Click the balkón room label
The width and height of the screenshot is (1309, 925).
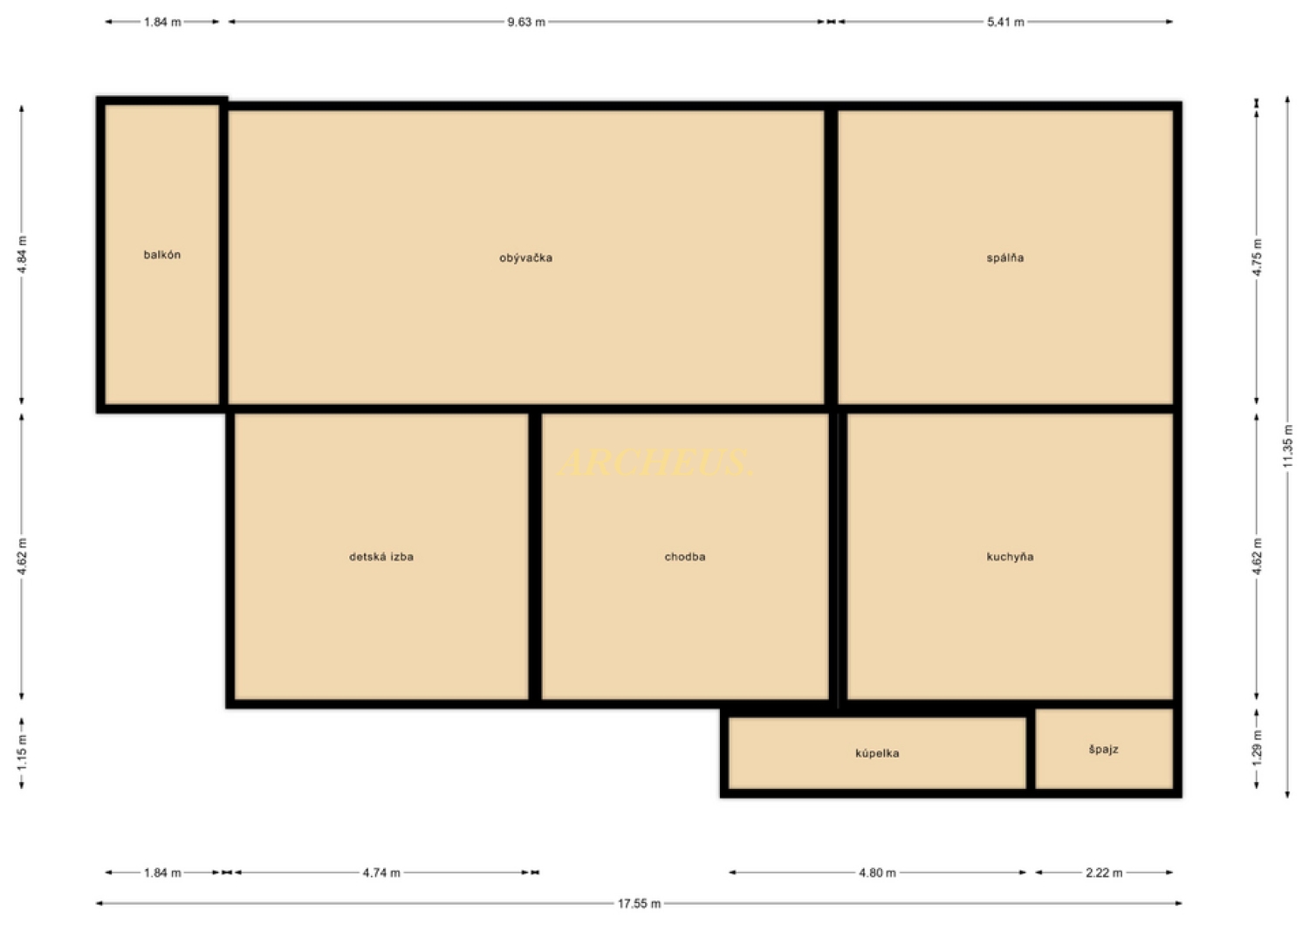pyautogui.click(x=161, y=255)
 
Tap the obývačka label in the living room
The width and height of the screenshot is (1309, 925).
pyautogui.click(x=526, y=257)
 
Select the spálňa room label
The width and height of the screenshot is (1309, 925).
pyautogui.click(x=1005, y=257)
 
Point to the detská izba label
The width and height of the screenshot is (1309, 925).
pyautogui.click(x=381, y=557)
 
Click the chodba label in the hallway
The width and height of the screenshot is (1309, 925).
pyautogui.click(x=685, y=557)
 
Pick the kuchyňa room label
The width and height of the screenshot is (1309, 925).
pyautogui.click(x=1010, y=557)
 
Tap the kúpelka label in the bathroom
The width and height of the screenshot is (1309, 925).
pyautogui.click(x=877, y=753)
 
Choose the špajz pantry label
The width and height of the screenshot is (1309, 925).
pyautogui.click(x=1103, y=749)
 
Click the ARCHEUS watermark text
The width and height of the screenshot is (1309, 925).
pyautogui.click(x=655, y=462)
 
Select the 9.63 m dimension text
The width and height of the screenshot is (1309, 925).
pyautogui.click(x=526, y=22)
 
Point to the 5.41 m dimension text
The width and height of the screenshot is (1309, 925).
pyautogui.click(x=1005, y=22)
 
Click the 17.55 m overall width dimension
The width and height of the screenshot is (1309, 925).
pyautogui.click(x=640, y=903)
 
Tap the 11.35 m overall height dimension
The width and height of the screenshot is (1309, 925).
pyautogui.click(x=1288, y=446)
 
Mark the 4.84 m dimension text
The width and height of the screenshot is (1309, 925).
pyautogui.click(x=22, y=255)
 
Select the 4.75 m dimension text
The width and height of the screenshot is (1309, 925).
pyautogui.click(x=1258, y=257)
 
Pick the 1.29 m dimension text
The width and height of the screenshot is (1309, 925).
pyautogui.click(x=1258, y=749)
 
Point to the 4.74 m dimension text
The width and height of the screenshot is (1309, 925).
pyautogui.click(x=381, y=873)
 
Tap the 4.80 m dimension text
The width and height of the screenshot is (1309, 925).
pyautogui.click(x=877, y=873)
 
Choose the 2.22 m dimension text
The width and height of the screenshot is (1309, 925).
pyautogui.click(x=1104, y=873)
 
